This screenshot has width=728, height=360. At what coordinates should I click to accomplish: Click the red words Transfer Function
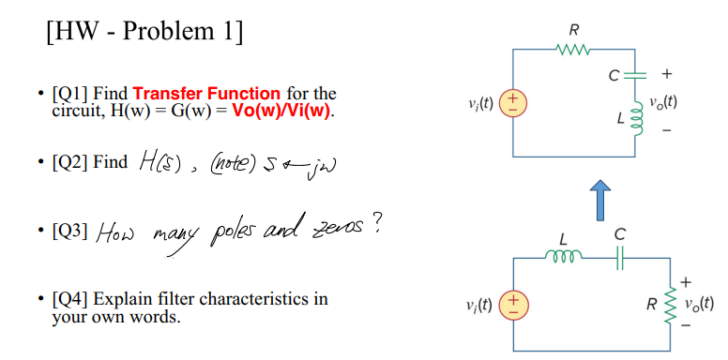click(206, 94)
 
